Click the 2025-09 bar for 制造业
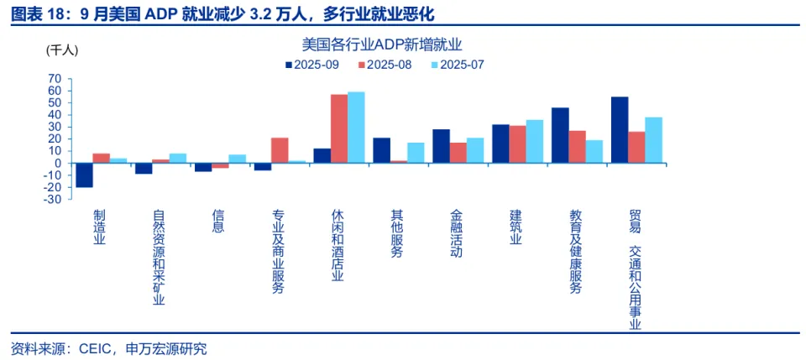click(84, 175)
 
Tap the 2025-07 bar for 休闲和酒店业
click(356, 127)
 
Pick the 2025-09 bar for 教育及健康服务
click(560, 135)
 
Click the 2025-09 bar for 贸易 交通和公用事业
click(620, 129)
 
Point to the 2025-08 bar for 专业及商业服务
click(280, 150)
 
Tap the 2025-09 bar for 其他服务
click(381, 150)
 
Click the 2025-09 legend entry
click(311, 65)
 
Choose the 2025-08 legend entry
click(385, 65)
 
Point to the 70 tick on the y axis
click(55, 78)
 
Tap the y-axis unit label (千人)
click(62, 50)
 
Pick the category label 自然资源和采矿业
click(159, 258)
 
